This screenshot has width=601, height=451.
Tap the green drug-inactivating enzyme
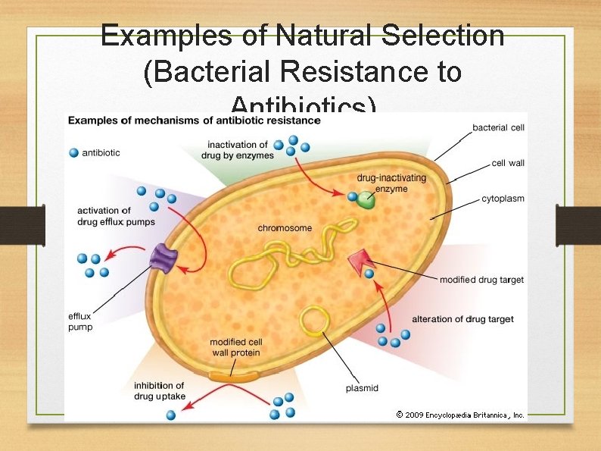coord(366,200)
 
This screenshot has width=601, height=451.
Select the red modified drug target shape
coord(359,263)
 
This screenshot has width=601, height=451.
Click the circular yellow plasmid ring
coord(313,321)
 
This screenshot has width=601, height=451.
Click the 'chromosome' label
coord(285,228)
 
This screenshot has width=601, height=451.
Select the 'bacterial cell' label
coord(498,127)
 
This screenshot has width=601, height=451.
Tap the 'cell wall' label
coord(508,163)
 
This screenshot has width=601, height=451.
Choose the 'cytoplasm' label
coord(503,199)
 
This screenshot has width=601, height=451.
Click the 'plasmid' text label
coord(362,389)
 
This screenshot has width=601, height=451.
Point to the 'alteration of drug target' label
coord(462,319)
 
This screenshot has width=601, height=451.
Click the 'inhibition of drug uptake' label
coord(159,391)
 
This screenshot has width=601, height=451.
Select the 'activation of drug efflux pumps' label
coord(115,216)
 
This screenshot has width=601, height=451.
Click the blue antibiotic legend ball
coord(73,153)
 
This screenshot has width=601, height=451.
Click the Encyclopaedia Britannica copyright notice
coord(460,415)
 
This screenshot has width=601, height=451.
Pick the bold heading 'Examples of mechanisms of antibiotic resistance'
coord(195,121)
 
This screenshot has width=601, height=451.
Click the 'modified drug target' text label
coord(481,280)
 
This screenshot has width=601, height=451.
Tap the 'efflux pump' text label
coord(80,321)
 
